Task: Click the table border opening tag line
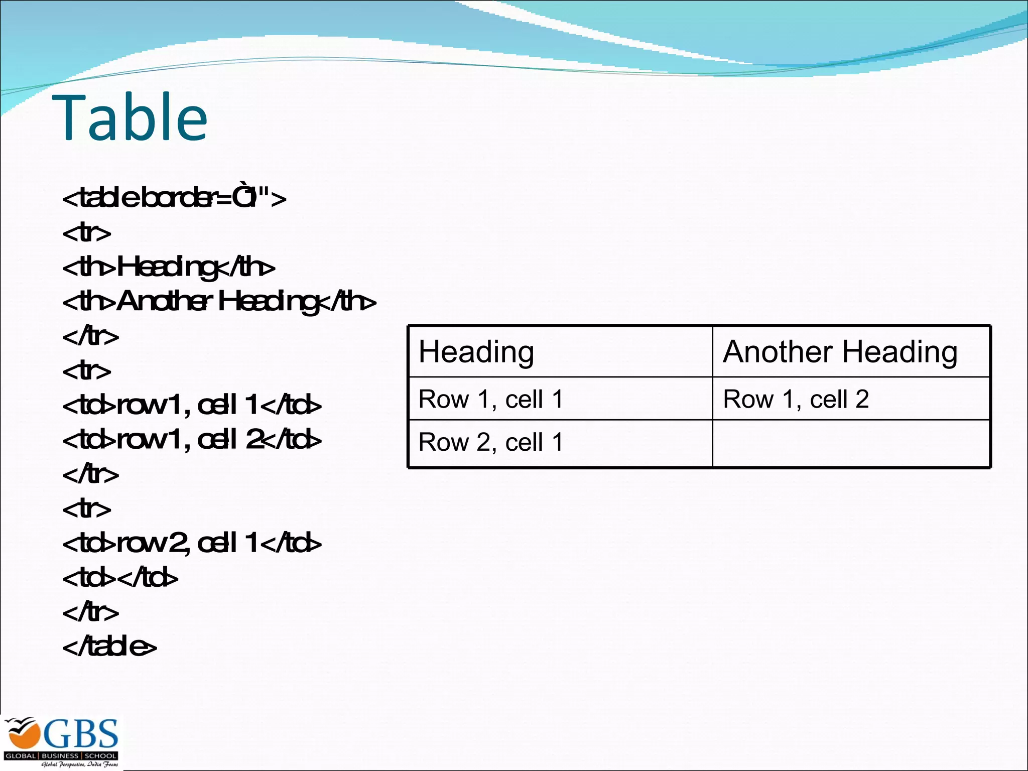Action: (174, 198)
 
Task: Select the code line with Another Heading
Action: (219, 302)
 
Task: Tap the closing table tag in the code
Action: (109, 647)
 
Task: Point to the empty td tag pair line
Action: (120, 578)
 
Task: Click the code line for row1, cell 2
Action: (192, 440)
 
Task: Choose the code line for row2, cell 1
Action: (192, 543)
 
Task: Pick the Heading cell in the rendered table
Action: (560, 351)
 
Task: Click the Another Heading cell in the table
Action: (851, 351)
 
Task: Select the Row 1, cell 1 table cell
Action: (560, 399)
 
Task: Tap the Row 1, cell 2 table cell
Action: (851, 399)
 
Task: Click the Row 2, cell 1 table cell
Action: (560, 443)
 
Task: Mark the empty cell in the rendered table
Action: (851, 443)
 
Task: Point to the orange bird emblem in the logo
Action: (23, 734)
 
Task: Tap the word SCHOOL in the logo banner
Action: (100, 755)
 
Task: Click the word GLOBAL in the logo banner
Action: (21, 755)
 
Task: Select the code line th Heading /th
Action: (169, 267)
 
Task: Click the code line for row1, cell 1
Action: (192, 405)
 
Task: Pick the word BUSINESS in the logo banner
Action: (60, 755)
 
